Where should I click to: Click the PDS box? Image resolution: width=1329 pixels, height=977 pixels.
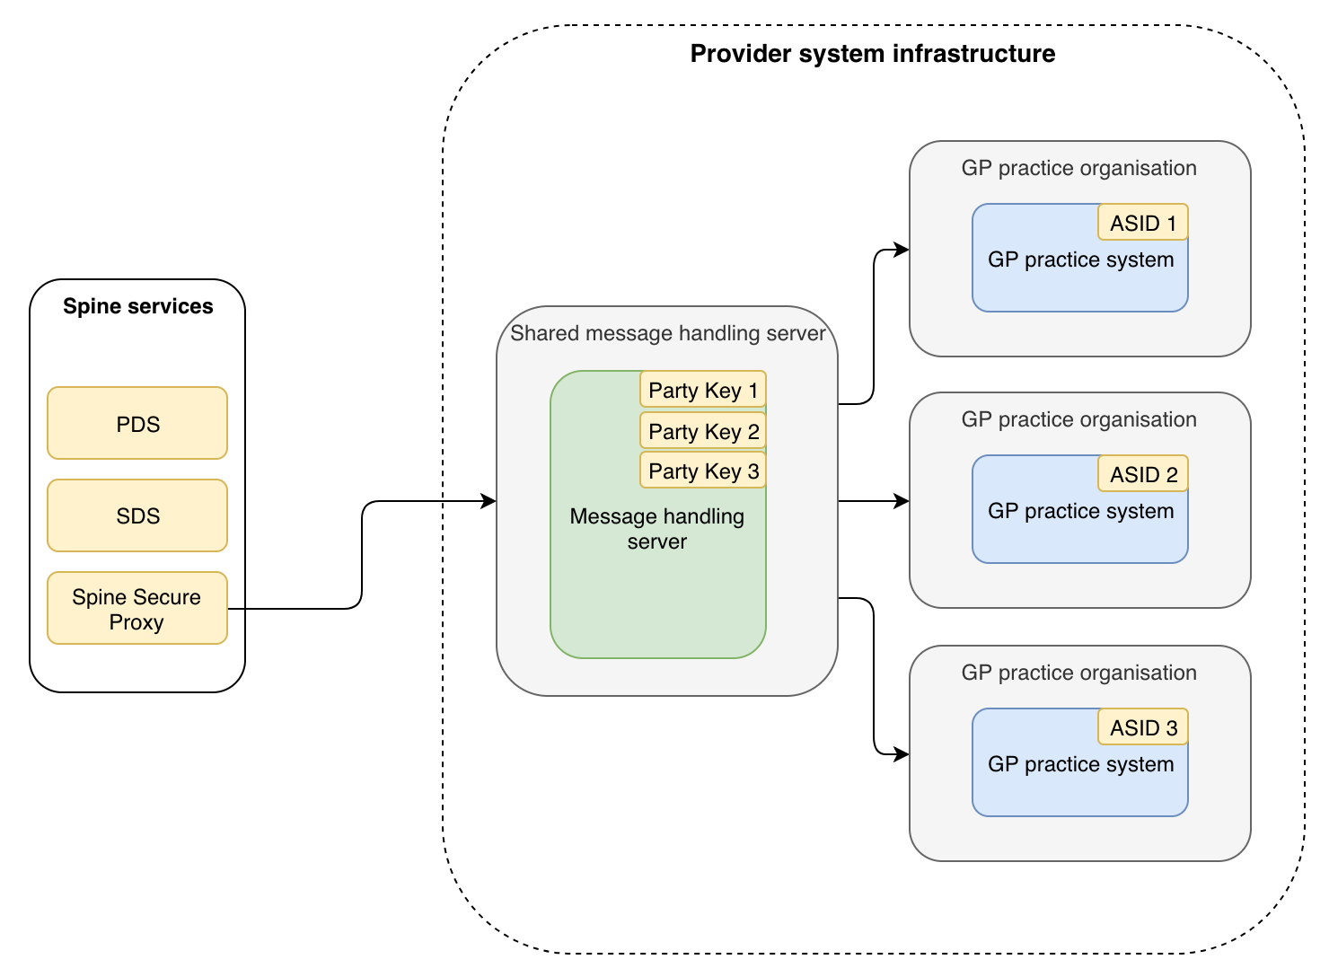[137, 424]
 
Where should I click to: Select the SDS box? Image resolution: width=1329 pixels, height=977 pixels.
[137, 515]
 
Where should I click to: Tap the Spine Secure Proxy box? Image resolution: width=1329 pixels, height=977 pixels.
[137, 609]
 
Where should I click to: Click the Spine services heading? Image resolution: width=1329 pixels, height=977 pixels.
[137, 306]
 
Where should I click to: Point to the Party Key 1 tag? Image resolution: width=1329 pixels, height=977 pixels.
[703, 390]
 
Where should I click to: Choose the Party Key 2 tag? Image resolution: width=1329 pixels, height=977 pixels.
[703, 431]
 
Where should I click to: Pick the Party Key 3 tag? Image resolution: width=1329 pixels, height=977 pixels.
[703, 471]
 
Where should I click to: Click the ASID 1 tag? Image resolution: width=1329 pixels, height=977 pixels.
[1142, 223]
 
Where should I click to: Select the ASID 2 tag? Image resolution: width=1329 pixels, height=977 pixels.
[1142, 474]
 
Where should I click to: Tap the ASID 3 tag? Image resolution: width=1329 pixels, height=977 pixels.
[1142, 727]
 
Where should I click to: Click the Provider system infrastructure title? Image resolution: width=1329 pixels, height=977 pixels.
[872, 54]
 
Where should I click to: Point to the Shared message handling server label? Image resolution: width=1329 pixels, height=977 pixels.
[667, 333]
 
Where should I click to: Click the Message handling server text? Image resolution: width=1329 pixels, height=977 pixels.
[656, 529]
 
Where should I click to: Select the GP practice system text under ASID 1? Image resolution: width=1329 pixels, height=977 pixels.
[1080, 260]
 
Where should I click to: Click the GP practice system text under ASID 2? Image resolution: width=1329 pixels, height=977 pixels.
[1080, 512]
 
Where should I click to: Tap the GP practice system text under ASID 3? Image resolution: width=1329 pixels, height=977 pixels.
[1080, 765]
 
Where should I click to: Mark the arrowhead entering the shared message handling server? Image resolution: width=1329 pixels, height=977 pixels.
[489, 501]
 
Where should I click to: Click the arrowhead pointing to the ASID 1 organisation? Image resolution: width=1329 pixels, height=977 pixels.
[902, 251]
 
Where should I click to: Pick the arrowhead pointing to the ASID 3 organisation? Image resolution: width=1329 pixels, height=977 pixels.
[902, 754]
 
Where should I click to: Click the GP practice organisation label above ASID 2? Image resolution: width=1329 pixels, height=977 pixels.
[1078, 419]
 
